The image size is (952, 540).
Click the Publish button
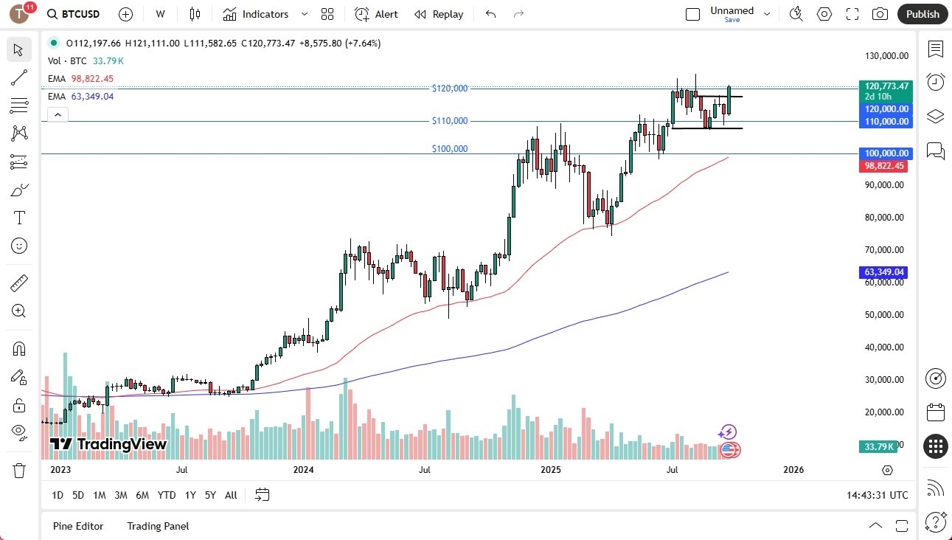(923, 14)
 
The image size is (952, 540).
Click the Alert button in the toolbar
(376, 14)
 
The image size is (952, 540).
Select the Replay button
(439, 14)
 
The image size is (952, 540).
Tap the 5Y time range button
(210, 495)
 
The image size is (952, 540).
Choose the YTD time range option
(167, 495)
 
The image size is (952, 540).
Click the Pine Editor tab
(78, 526)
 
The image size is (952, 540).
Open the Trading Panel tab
(158, 526)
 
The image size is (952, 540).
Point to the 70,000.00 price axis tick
(885, 250)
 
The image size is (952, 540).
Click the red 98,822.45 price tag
(884, 166)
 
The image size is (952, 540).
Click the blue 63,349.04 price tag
(884, 272)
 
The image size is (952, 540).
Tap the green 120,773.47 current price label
(885, 86)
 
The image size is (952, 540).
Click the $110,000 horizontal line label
(450, 121)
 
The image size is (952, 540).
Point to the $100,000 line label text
(450, 149)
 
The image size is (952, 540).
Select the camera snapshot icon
(880, 14)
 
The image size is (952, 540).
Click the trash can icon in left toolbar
(19, 470)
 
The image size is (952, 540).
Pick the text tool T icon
(19, 218)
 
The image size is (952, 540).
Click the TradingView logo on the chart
(108, 444)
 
